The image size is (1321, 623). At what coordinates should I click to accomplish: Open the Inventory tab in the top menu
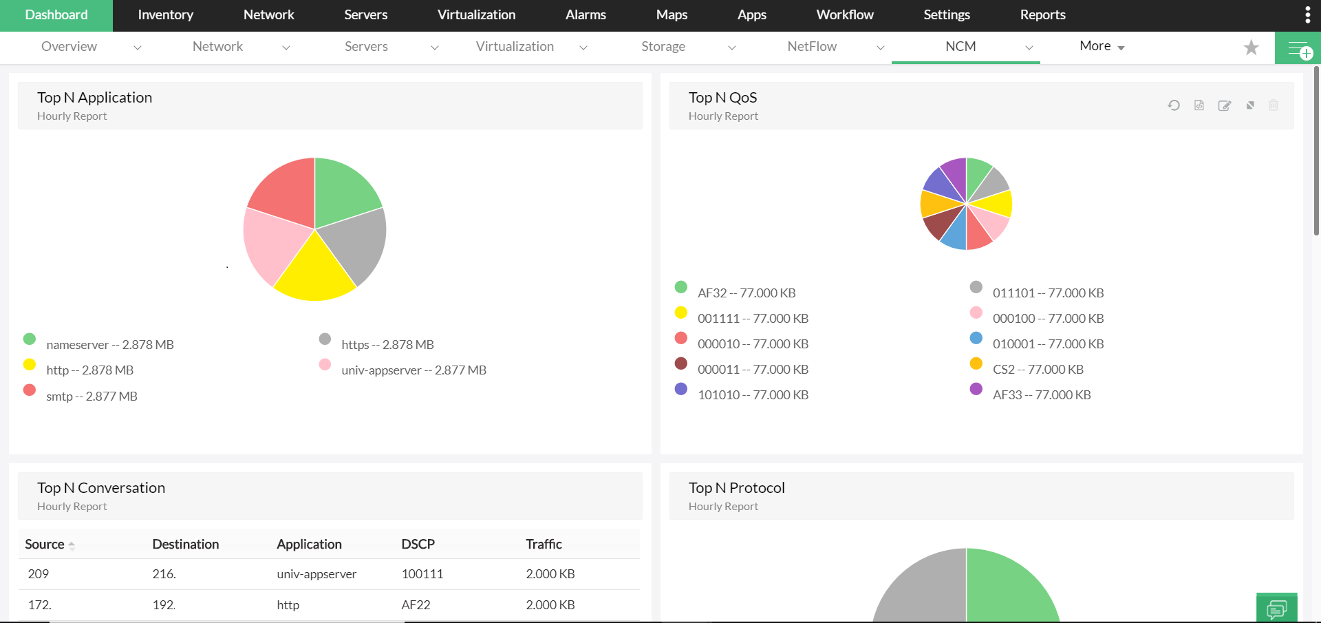(x=165, y=15)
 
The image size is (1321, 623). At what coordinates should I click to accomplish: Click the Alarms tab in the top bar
(x=586, y=15)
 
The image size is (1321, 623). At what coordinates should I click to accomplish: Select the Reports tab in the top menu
(x=1042, y=15)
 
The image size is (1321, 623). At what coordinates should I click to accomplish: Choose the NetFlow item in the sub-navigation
(x=812, y=47)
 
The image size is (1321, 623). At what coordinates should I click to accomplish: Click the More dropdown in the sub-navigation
(x=1102, y=47)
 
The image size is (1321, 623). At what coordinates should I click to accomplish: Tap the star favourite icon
(x=1251, y=47)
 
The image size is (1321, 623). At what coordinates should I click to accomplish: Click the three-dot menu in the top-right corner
(x=1307, y=15)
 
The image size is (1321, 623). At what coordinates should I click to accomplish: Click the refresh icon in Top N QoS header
(x=1174, y=105)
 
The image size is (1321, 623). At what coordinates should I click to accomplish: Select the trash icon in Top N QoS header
(x=1274, y=105)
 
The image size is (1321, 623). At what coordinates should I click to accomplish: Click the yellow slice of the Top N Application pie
(x=315, y=273)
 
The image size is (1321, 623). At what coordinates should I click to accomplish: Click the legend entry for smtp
(x=92, y=397)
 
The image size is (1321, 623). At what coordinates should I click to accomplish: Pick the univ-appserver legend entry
(x=413, y=370)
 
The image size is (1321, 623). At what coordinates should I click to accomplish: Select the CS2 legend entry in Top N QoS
(x=1038, y=370)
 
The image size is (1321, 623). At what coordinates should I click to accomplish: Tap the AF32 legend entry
(x=746, y=293)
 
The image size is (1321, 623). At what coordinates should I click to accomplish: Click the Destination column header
(x=185, y=545)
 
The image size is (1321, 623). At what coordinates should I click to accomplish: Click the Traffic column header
(x=544, y=545)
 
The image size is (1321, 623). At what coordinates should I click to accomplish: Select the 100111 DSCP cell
(x=422, y=574)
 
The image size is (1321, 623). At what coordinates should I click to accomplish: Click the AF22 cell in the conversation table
(x=416, y=605)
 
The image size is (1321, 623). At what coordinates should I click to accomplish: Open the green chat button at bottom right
(x=1276, y=609)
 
